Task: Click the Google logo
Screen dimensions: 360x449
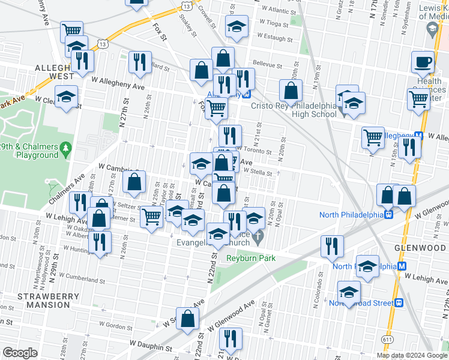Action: tap(20, 353)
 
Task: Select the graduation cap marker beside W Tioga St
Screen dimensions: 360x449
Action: tap(236, 28)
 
